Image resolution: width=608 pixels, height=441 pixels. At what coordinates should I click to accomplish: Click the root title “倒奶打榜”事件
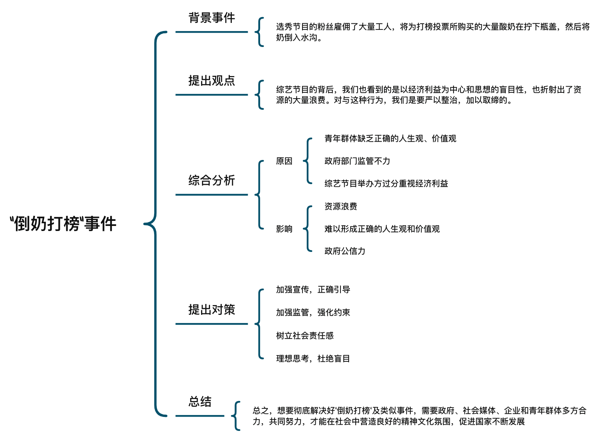tap(63, 224)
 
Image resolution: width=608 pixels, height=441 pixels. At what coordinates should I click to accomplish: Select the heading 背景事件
tap(212, 17)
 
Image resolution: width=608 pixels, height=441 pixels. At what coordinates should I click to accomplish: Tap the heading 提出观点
tap(212, 81)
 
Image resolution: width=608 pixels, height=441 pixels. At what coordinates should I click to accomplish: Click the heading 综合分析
tap(212, 181)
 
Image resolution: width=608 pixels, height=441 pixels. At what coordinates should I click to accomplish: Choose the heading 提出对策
tap(212, 310)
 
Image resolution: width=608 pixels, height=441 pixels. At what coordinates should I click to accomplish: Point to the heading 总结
tap(200, 402)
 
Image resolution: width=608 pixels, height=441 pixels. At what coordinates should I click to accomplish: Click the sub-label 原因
tap(284, 161)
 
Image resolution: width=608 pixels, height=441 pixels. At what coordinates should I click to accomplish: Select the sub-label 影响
tap(284, 229)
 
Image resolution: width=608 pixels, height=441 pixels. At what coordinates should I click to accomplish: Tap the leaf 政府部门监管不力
tap(357, 161)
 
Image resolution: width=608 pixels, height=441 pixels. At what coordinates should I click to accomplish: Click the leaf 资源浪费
tap(340, 206)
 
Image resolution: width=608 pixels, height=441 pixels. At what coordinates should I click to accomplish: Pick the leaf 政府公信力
tap(345, 251)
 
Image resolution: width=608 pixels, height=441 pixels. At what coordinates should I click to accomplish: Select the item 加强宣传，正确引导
tap(313, 290)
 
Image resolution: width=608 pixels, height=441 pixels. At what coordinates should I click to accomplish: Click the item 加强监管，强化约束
tap(313, 313)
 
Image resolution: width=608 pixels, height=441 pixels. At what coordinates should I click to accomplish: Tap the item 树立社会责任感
tap(305, 336)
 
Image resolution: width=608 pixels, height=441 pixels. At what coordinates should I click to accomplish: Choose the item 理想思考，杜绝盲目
tap(313, 358)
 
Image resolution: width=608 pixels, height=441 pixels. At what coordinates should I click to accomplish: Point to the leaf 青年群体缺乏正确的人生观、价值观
tap(390, 139)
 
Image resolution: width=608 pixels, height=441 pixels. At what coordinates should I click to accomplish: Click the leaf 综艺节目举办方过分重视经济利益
tap(386, 184)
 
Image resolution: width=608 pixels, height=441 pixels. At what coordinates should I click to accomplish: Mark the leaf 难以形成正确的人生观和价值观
tap(382, 229)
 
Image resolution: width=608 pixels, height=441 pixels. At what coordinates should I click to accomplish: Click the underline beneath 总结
tap(200, 416)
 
